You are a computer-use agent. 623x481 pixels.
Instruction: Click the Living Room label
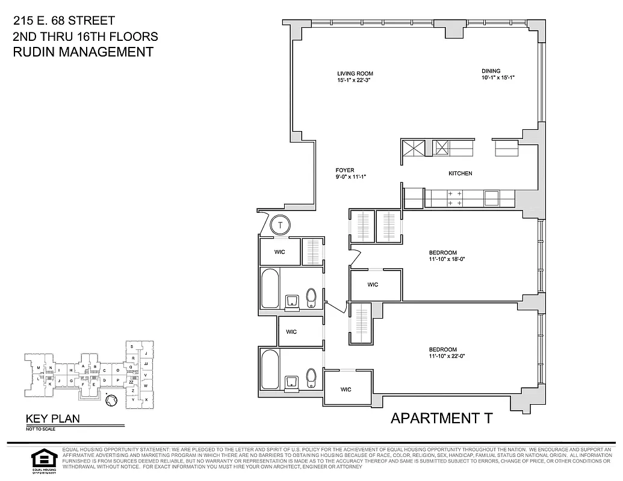[x=355, y=73]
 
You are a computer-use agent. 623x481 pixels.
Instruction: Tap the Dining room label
[x=491, y=70]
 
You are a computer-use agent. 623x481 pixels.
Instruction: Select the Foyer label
[x=345, y=170]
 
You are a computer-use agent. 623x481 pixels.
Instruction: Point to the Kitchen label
[x=460, y=174]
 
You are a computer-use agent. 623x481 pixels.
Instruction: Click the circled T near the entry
[x=280, y=225]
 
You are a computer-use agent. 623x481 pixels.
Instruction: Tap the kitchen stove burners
[x=454, y=198]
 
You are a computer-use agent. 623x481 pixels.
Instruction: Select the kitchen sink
[x=491, y=197]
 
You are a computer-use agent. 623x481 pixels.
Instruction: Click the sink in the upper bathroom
[x=293, y=299]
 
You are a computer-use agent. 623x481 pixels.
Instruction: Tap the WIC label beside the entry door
[x=279, y=252]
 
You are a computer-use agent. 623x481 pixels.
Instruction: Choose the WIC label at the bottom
[x=346, y=390]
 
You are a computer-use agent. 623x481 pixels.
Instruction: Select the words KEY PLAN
[x=52, y=419]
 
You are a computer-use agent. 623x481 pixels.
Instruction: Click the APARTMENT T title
[x=441, y=418]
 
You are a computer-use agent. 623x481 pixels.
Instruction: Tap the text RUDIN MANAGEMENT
[x=83, y=52]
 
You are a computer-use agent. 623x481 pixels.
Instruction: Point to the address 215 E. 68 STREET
[x=64, y=21]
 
